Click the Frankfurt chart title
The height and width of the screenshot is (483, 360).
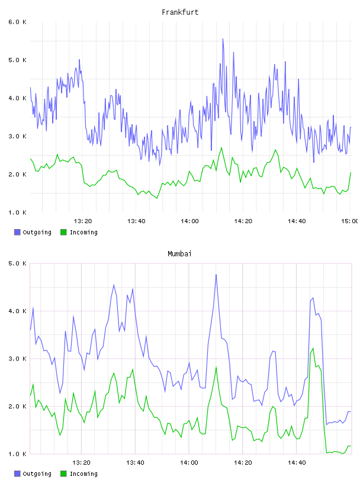180,12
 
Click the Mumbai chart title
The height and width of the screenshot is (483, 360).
179,254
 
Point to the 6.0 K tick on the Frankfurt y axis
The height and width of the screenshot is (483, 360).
17,22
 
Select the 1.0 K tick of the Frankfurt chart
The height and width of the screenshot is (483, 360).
17,212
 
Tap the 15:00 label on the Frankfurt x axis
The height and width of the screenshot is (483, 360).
350,221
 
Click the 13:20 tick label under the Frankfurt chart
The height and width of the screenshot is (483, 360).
83,221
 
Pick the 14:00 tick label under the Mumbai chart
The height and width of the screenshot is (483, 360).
189,463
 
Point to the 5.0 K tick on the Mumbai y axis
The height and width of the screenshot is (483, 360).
17,263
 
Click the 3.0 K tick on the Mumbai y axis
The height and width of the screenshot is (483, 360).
17,359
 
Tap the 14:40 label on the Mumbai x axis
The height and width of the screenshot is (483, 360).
297,463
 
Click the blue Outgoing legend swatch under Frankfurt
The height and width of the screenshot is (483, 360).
17,232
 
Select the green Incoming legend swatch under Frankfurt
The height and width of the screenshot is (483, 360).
63,232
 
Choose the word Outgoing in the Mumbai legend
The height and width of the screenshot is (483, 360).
37,474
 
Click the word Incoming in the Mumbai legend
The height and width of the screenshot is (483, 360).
83,474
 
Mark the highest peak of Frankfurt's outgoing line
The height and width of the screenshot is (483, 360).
223,39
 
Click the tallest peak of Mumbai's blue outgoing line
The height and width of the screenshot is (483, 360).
216,275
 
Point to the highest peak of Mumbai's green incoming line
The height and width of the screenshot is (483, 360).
313,349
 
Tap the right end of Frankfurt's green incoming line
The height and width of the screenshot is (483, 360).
351,172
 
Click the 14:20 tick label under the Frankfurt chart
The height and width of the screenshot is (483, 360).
243,221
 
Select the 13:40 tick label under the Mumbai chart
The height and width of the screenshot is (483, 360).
136,463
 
